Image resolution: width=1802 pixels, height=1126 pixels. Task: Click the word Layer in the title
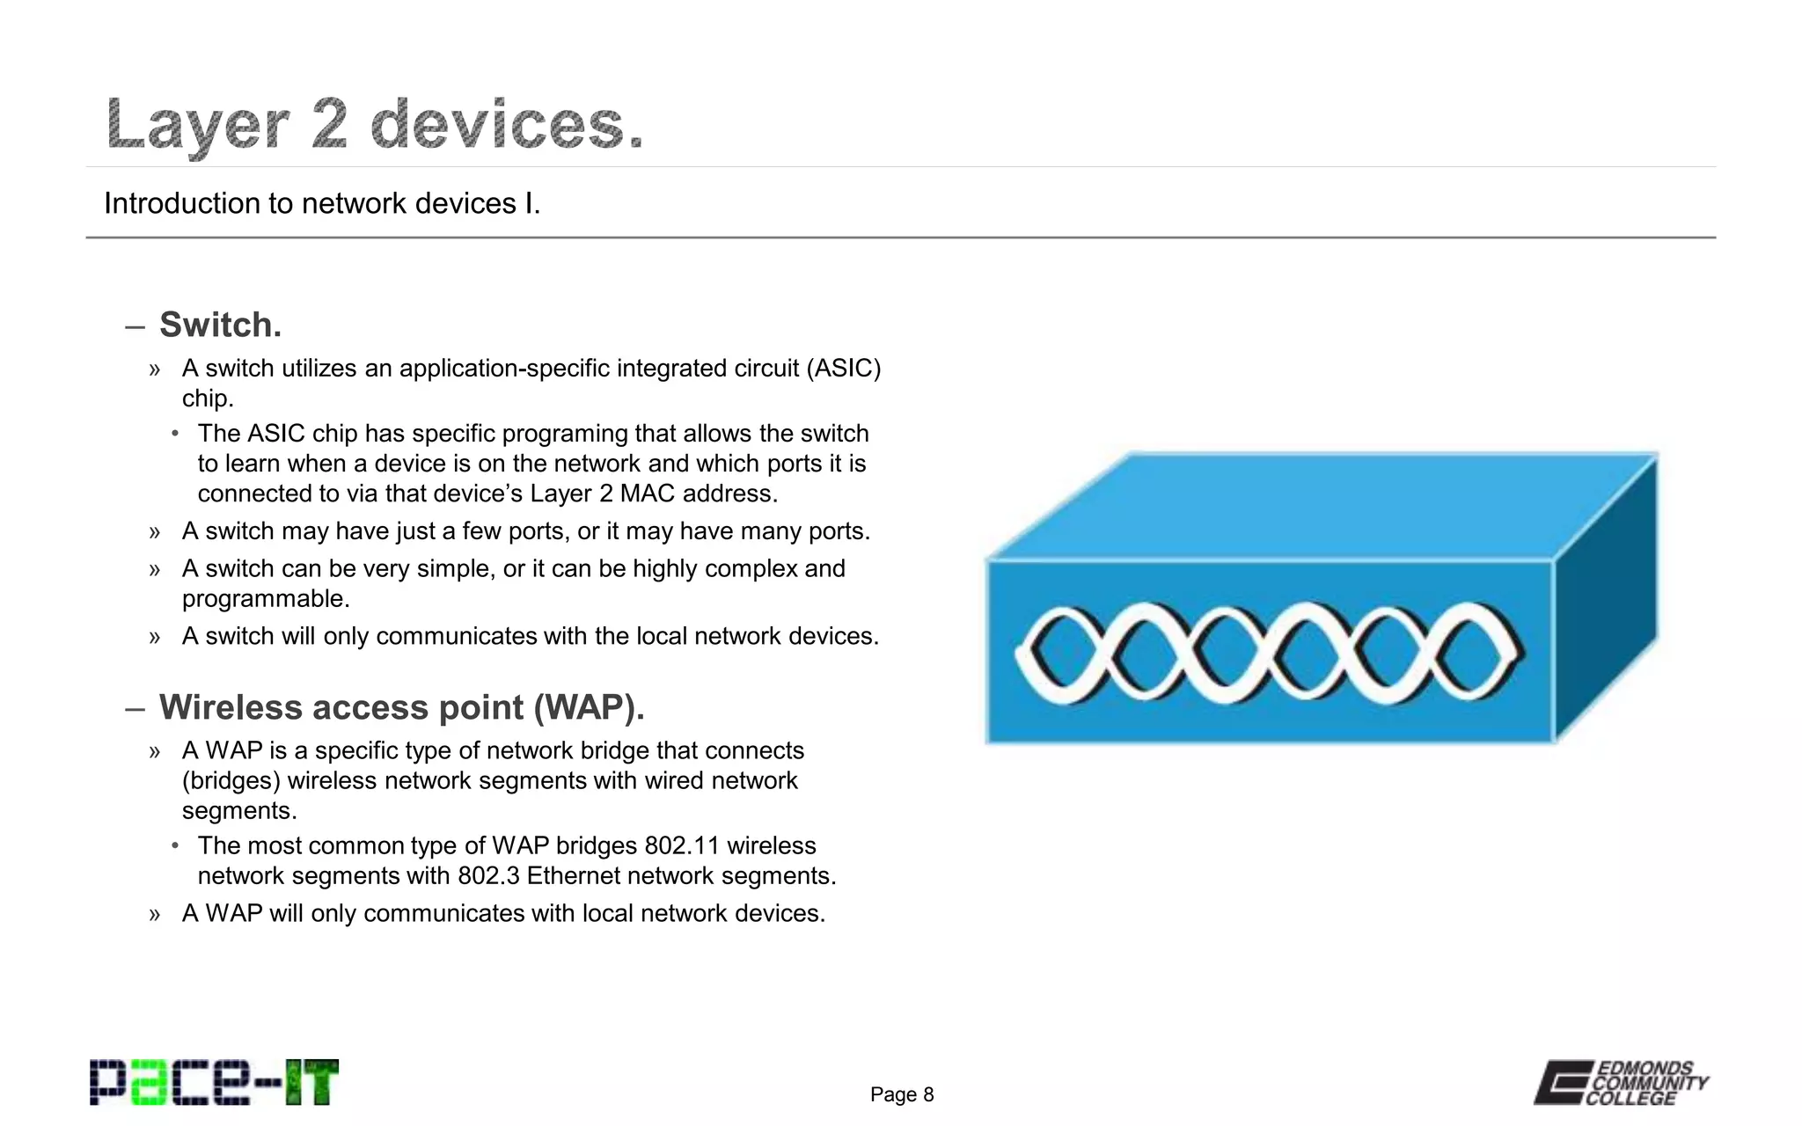click(x=197, y=126)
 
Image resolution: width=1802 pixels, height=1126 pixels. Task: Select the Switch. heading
click(x=220, y=325)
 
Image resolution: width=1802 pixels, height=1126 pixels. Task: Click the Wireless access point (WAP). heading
click(x=401, y=707)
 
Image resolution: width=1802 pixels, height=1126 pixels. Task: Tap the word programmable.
click(x=266, y=599)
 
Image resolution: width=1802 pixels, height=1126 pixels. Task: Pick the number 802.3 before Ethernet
click(x=488, y=876)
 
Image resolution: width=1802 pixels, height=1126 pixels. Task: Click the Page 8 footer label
click(x=901, y=1094)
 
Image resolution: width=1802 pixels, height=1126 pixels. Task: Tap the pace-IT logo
click(x=214, y=1083)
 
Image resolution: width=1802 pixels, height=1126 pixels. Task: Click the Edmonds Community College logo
click(x=1621, y=1083)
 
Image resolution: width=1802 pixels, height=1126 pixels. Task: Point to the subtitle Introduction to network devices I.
click(x=322, y=203)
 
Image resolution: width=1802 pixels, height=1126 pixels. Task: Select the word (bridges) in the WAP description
click(x=231, y=781)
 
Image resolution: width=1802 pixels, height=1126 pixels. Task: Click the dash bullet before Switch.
click(x=135, y=327)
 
